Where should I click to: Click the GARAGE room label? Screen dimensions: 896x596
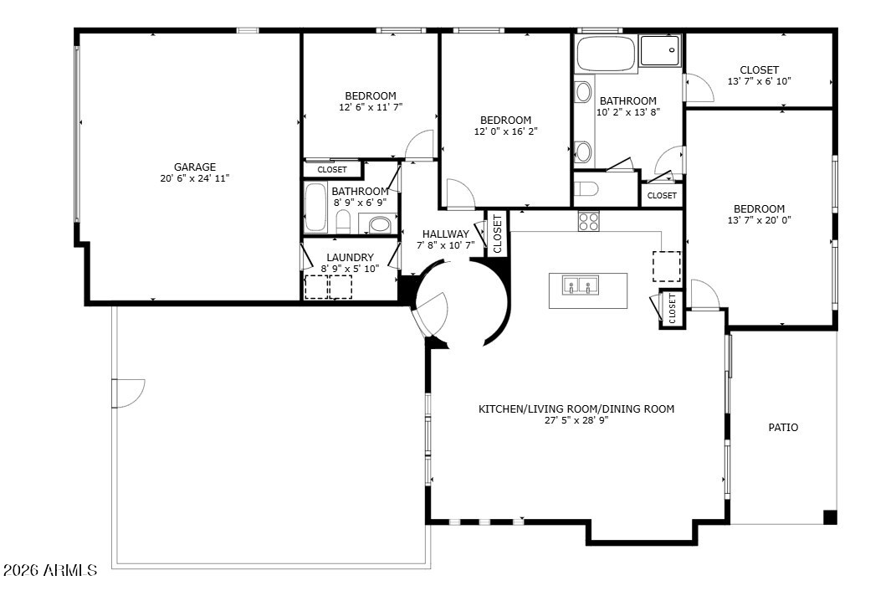[195, 167]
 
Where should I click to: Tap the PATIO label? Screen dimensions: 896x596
[783, 427]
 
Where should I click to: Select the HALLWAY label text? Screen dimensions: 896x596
[446, 234]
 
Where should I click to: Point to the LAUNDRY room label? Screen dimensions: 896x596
[350, 257]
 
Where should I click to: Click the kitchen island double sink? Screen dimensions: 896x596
[580, 285]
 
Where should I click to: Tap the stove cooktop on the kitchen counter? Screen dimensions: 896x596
[588, 221]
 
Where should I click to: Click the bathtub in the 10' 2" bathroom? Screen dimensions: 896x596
[607, 54]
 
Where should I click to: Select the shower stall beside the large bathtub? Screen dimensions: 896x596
[661, 51]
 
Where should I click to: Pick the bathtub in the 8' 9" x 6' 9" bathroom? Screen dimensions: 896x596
[315, 208]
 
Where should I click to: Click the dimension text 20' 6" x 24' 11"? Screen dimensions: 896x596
[195, 178]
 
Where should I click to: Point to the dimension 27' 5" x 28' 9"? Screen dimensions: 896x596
[576, 420]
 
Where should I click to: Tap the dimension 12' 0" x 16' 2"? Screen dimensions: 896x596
[505, 131]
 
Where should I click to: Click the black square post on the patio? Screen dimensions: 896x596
[830, 517]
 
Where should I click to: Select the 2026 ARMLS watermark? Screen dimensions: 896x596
[50, 570]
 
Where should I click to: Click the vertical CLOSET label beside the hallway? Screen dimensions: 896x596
[497, 234]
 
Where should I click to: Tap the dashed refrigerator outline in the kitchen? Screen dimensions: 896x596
[667, 266]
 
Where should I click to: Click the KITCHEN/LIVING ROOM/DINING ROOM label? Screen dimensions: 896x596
[576, 409]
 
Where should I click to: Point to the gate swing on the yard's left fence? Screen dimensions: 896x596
[128, 393]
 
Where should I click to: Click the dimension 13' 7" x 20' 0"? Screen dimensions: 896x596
[760, 220]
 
